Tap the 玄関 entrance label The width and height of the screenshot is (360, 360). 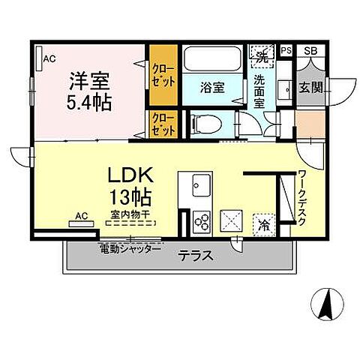point(311,88)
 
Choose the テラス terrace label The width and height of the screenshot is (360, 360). point(196,255)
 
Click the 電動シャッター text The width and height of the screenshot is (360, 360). point(129,248)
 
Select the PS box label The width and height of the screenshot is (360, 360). point(286,51)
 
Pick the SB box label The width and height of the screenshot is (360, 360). point(310,51)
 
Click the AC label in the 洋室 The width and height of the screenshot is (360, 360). point(49,58)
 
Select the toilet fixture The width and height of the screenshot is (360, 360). point(200,121)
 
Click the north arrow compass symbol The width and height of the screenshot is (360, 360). point(327,303)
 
